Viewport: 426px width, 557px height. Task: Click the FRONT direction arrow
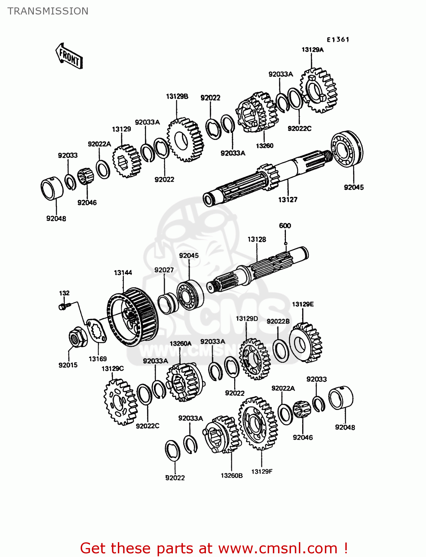[x=69, y=56]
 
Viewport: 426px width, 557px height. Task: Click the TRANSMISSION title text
[x=48, y=11]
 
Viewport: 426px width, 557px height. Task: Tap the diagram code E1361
[x=338, y=40]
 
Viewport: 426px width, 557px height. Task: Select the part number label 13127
[x=288, y=200]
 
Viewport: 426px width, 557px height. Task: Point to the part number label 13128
[x=257, y=240]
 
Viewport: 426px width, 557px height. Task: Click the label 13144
[x=123, y=273]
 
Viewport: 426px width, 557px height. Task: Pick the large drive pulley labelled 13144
[x=132, y=317]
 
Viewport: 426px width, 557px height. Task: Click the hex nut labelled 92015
[x=78, y=337]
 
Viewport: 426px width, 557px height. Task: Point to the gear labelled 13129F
[x=258, y=423]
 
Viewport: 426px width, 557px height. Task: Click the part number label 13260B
[x=232, y=475]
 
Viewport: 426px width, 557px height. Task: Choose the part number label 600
[x=285, y=226]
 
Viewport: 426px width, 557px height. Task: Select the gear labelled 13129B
[x=185, y=140]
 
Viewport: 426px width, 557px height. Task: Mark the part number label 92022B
[x=278, y=321]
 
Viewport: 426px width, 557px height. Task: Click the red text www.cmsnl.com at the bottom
[x=277, y=548]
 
